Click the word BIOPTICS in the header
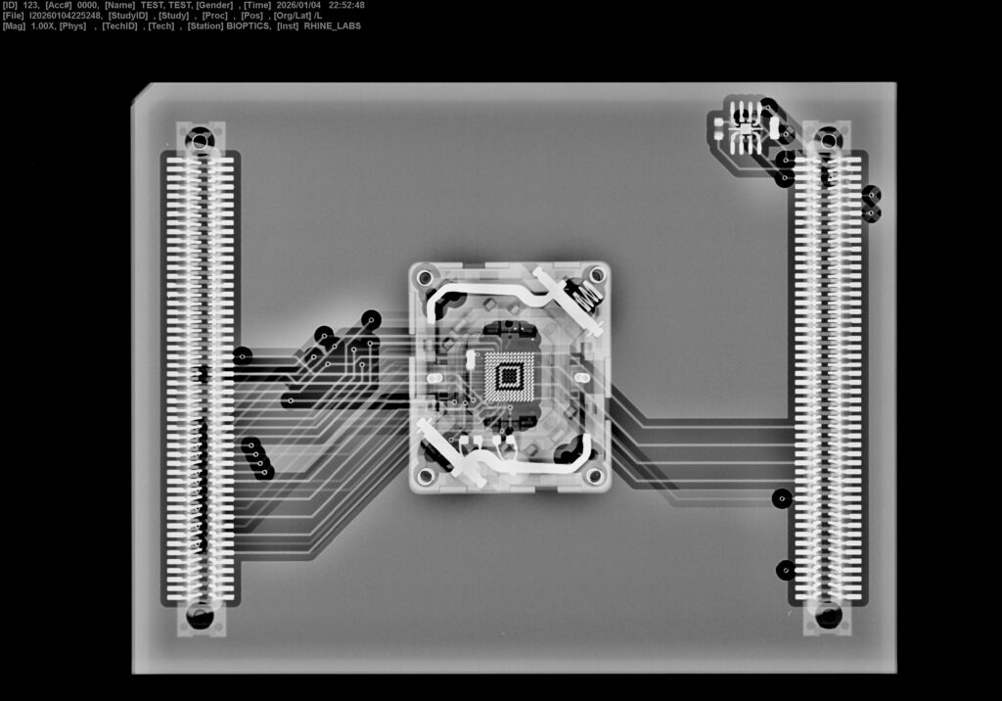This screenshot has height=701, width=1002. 248,26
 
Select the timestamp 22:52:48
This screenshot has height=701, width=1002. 346,5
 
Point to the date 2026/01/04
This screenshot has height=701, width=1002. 298,5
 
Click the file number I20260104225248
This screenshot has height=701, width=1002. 66,16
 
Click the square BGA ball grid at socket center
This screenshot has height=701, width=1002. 509,376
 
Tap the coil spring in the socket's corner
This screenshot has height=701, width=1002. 586,295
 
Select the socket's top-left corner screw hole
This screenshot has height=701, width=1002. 425,278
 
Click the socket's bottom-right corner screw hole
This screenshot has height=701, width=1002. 594,475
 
